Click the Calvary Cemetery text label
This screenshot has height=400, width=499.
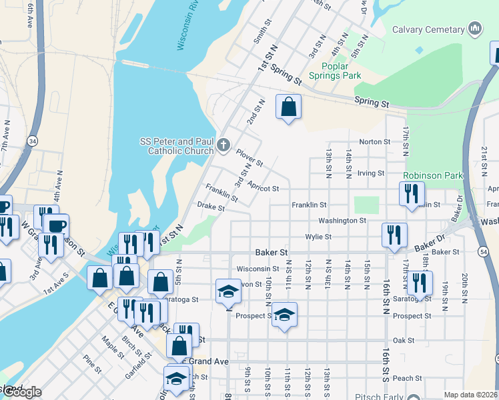click(428, 29)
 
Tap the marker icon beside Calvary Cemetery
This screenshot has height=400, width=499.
click(475, 29)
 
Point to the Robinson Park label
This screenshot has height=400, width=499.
click(432, 176)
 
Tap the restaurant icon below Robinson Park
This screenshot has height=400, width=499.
click(412, 193)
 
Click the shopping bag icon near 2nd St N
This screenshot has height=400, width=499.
click(288, 107)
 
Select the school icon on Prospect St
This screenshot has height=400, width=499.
click(284, 314)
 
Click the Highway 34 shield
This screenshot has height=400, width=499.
click(33, 141)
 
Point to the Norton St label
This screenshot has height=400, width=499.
click(374, 142)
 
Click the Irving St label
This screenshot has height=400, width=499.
click(371, 173)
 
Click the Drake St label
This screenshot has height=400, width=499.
click(211, 207)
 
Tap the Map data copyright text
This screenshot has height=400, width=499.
click(470, 395)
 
